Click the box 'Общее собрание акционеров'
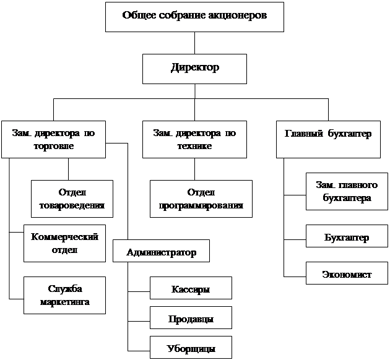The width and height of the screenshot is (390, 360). [194, 17]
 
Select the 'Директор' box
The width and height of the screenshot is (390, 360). [194, 69]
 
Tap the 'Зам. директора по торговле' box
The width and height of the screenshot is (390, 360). [53, 139]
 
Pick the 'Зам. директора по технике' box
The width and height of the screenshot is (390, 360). [194, 139]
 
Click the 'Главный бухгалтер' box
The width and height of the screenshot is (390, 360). [328, 139]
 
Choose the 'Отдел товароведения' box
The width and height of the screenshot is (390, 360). [72, 199]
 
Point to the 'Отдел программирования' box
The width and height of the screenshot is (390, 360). [201, 199]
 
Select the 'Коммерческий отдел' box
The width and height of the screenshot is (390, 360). [64, 243]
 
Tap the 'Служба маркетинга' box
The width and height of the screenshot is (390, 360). [64, 295]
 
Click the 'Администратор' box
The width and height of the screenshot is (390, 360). [161, 251]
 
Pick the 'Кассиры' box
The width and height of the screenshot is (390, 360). [191, 288]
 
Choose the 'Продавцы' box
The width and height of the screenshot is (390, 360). [191, 317]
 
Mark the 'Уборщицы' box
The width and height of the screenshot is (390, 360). [191, 347]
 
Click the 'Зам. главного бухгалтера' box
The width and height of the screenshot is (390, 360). [347, 191]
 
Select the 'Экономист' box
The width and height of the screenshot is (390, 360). [347, 273]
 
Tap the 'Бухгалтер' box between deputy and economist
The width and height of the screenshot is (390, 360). [347, 236]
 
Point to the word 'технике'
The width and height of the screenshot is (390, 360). [194, 146]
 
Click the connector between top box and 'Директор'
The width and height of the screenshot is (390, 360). [194, 43]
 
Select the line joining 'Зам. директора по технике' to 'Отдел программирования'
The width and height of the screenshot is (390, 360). [194, 169]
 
